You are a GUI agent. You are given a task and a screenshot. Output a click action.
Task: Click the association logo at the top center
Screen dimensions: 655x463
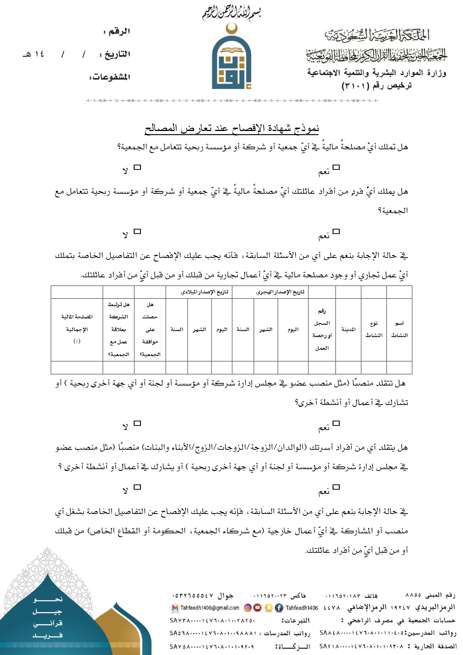click(231, 57)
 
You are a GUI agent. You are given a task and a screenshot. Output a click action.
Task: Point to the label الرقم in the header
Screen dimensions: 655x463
click(118, 31)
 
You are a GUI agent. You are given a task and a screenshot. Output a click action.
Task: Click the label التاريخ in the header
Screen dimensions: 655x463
click(116, 54)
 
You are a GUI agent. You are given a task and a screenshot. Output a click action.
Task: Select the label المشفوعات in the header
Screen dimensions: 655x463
click(110, 77)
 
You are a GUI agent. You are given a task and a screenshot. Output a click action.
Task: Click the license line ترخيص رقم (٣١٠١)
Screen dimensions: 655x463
click(377, 85)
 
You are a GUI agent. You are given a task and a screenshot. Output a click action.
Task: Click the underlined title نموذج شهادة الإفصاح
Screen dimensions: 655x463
click(232, 129)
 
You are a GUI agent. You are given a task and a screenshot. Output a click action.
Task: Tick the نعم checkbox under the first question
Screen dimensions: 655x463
click(336, 167)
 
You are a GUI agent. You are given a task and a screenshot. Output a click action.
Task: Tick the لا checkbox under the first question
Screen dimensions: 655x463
click(137, 167)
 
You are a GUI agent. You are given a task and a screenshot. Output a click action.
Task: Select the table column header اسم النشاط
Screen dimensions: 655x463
click(399, 329)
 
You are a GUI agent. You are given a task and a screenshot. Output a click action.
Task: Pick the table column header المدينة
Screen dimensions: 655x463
click(348, 329)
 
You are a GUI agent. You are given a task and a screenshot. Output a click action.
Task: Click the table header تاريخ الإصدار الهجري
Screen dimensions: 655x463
click(280, 292)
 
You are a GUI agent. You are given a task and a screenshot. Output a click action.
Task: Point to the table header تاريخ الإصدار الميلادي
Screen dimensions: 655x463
click(204, 292)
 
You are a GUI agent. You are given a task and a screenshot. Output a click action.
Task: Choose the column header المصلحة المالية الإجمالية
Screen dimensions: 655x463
click(77, 329)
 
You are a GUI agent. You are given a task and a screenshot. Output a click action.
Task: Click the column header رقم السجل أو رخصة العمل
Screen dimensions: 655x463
click(322, 329)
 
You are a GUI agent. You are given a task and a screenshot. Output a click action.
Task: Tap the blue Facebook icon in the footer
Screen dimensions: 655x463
click(279, 608)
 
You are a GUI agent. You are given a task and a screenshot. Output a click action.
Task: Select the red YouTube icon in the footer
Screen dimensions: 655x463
click(257, 608)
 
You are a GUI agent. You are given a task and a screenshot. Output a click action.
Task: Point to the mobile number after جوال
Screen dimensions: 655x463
click(193, 596)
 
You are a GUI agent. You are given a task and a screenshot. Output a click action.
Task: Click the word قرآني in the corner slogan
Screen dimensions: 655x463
click(48, 623)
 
